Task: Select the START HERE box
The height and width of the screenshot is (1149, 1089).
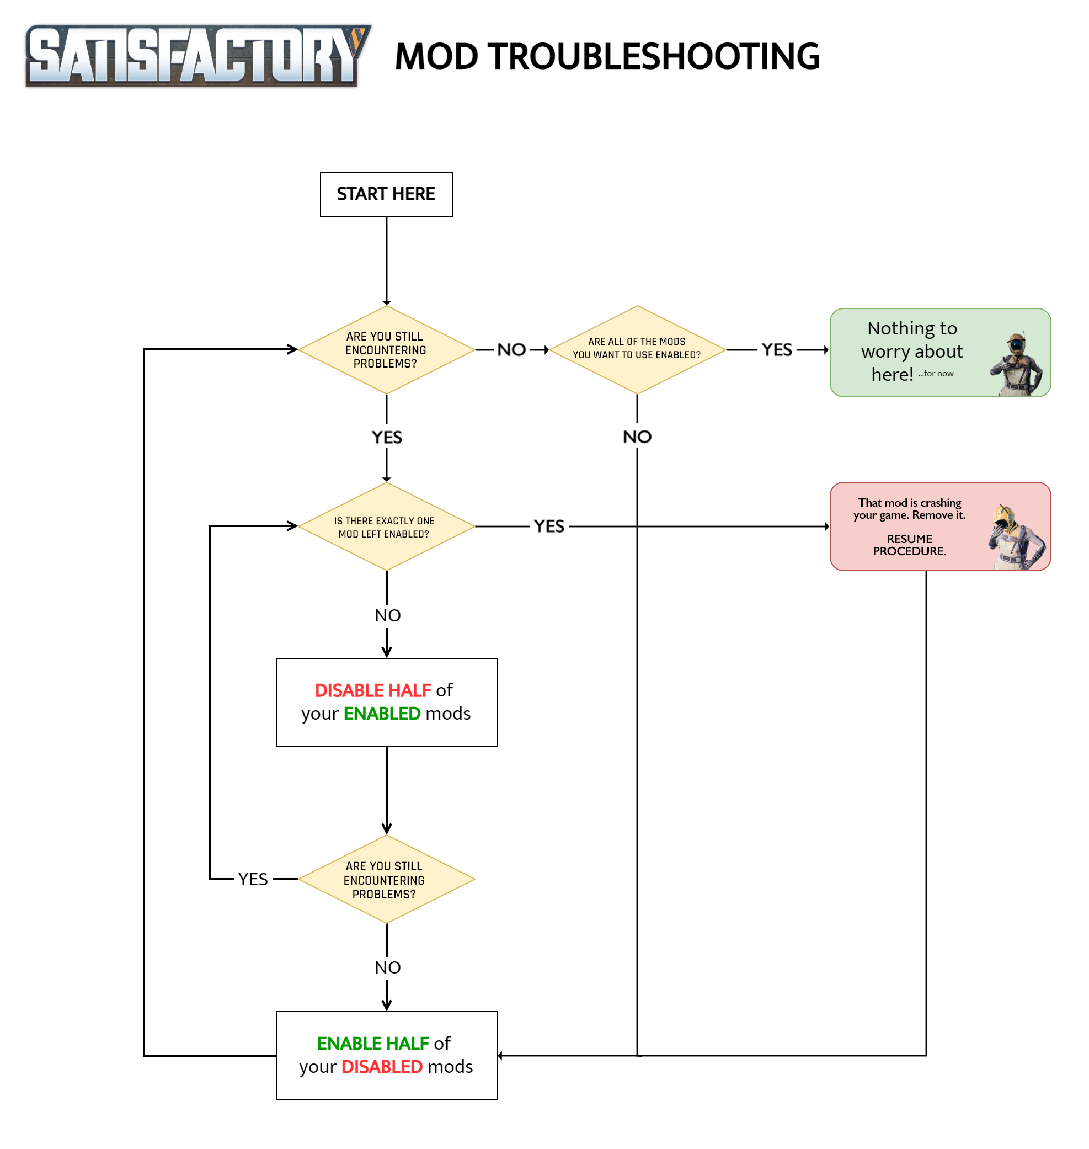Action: [x=386, y=194]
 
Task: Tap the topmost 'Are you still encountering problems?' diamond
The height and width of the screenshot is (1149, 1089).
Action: [x=386, y=349]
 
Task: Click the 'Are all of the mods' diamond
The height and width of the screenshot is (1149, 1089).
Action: [x=637, y=348]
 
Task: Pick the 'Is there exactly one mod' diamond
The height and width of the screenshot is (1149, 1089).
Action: [x=386, y=526]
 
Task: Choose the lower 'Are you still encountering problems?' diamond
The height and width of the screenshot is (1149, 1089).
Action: [x=386, y=879]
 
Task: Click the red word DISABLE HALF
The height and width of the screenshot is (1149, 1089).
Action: [x=373, y=690]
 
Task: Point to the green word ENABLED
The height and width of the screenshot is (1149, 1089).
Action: [x=381, y=714]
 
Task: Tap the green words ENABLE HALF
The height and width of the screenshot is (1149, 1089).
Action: [x=373, y=1044]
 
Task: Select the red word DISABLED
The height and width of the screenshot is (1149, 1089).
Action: [x=381, y=1067]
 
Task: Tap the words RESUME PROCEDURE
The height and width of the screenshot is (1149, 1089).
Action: [x=909, y=545]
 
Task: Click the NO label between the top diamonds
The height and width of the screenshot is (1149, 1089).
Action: [x=511, y=349]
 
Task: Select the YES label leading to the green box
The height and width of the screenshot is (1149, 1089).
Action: [x=777, y=349]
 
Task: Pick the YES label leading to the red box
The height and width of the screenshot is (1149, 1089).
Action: [x=548, y=526]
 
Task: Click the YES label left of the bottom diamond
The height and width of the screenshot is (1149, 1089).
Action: [x=253, y=879]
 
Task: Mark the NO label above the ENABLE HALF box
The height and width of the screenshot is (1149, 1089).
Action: [x=387, y=967]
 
